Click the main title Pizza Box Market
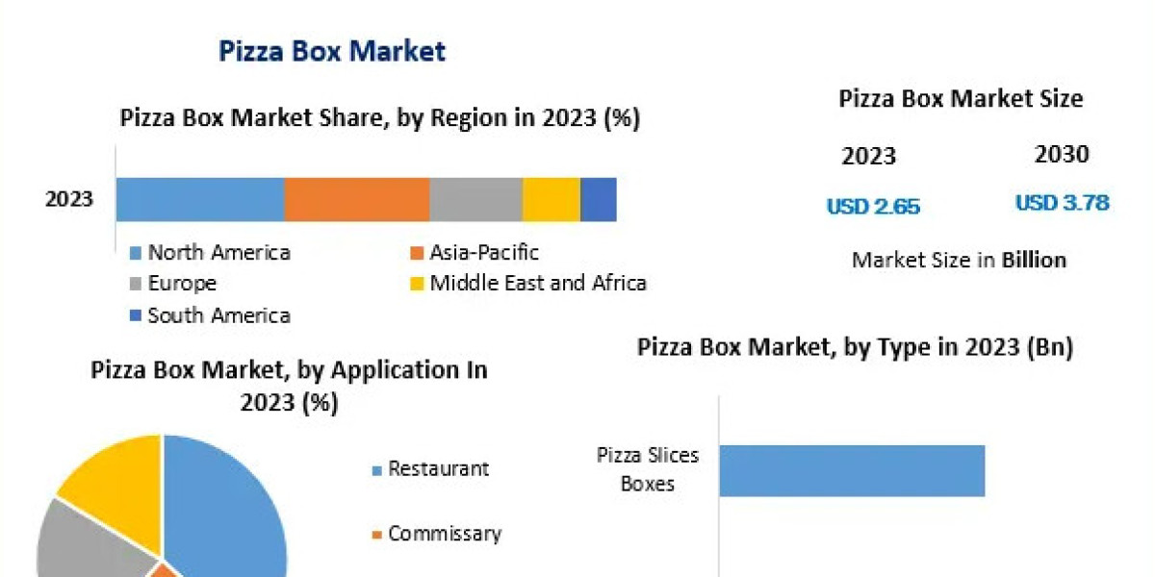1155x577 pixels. (x=332, y=51)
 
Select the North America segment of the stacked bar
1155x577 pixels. (x=200, y=200)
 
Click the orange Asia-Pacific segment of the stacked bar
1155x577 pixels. (x=356, y=200)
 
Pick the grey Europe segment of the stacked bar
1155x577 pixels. (x=475, y=200)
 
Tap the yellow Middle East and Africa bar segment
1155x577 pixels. (x=552, y=200)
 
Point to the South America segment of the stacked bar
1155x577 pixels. (x=599, y=200)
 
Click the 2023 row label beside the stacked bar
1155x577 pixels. (x=69, y=200)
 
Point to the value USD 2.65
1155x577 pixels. (x=873, y=206)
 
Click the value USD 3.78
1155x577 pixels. (x=1062, y=203)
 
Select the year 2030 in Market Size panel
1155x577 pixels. (x=1062, y=154)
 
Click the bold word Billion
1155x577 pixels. (x=1034, y=260)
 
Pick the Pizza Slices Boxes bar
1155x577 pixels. (x=852, y=470)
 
